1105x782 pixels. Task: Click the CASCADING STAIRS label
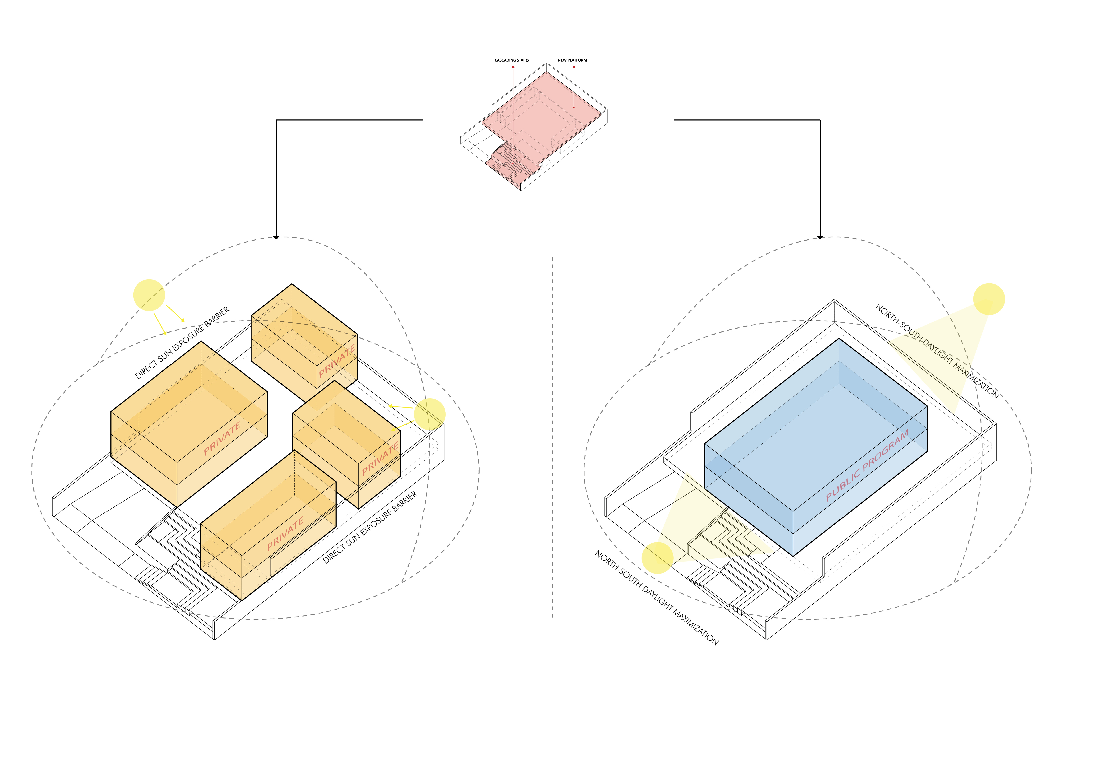512,60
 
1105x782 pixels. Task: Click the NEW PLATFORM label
572,60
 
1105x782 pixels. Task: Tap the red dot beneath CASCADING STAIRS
513,67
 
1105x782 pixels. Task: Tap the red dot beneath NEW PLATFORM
574,67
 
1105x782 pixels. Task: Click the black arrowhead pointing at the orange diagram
276,237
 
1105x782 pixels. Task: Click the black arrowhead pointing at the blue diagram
820,237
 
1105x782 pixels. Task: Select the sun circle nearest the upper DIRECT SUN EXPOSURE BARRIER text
149,295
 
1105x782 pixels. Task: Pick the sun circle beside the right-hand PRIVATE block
430,414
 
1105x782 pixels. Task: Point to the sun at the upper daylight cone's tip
989,299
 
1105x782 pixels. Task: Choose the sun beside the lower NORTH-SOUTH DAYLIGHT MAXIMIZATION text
658,558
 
